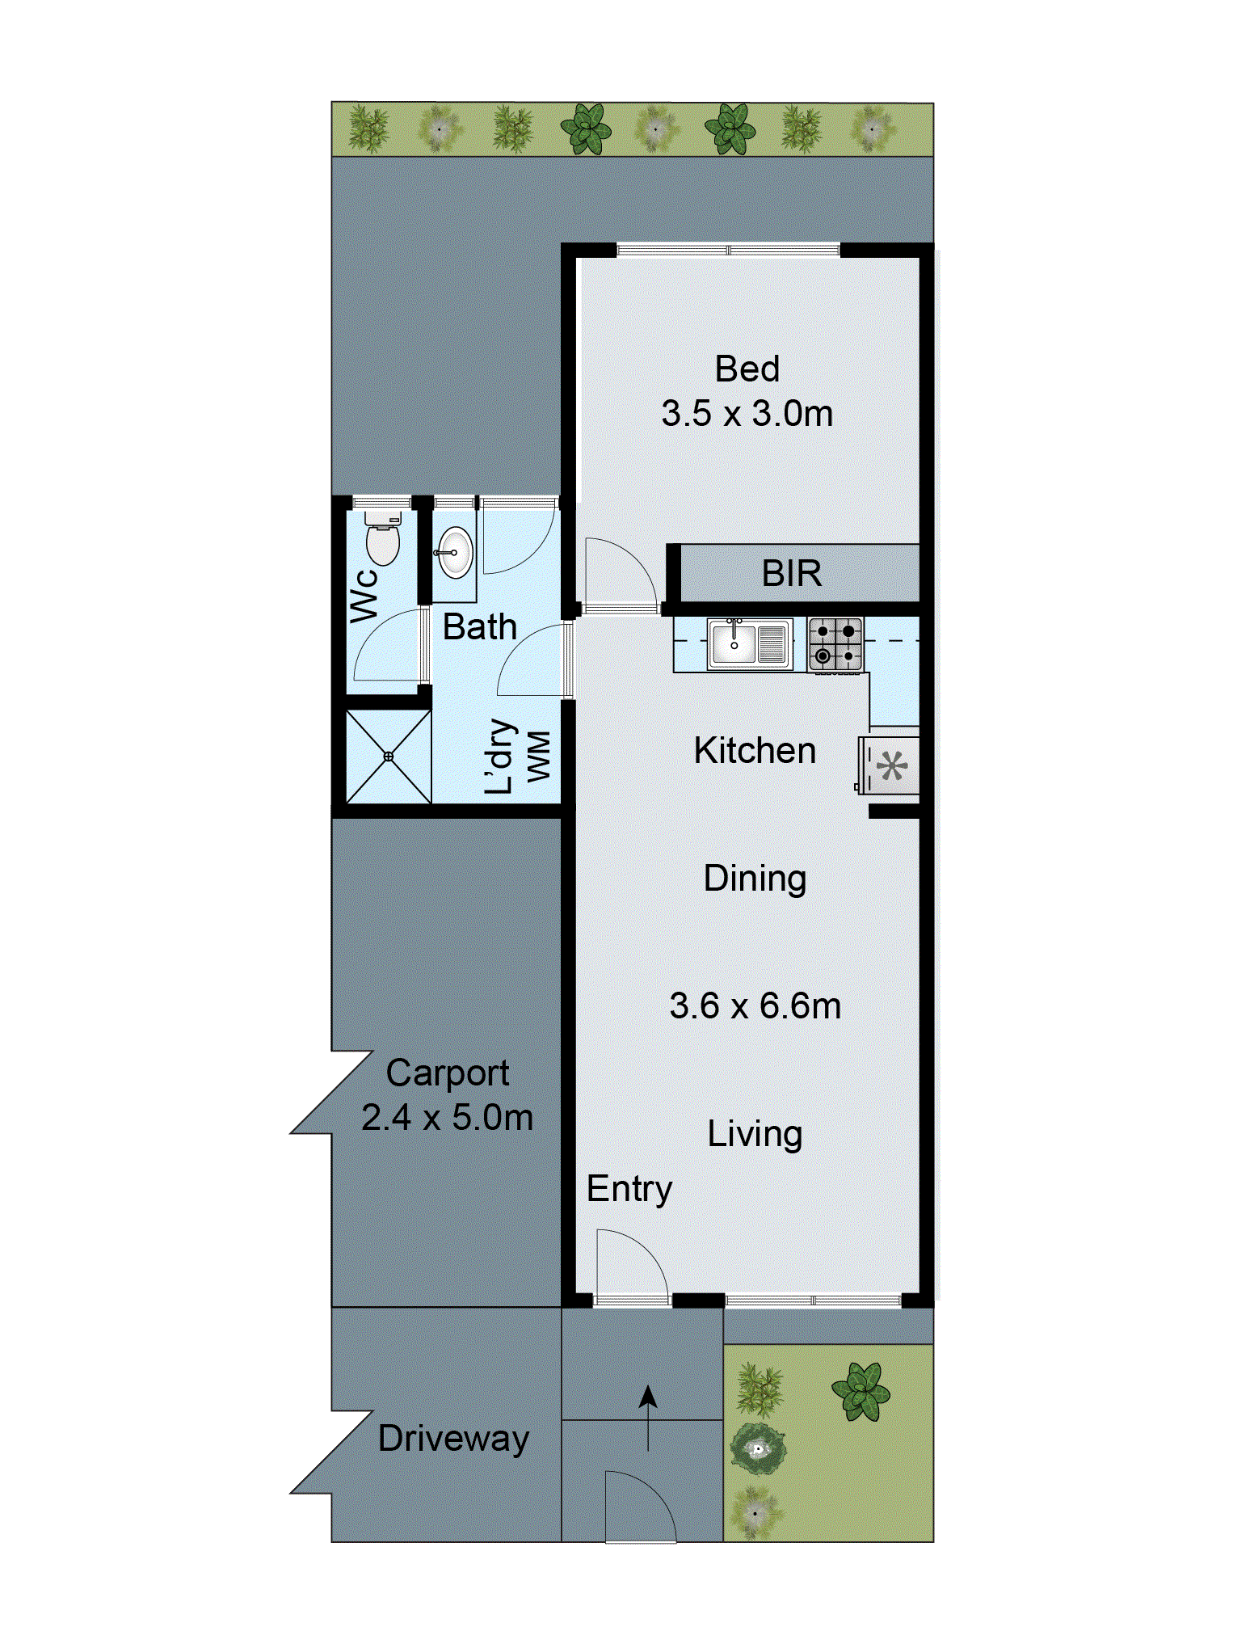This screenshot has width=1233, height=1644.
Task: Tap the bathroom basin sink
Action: tap(455, 553)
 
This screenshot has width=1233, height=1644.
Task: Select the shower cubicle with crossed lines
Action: tap(388, 757)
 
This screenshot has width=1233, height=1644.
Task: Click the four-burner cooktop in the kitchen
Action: tap(835, 644)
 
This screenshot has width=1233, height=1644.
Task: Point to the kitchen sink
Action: tap(748, 644)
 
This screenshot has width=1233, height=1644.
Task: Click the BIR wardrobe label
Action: tap(791, 574)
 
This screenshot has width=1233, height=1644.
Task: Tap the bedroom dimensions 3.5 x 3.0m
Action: tap(747, 414)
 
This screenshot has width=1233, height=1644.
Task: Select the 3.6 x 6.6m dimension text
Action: tap(755, 1006)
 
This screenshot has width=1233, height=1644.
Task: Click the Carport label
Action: tap(447, 1073)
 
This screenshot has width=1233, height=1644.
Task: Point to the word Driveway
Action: tap(453, 1439)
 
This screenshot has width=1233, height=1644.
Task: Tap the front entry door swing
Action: tap(630, 1265)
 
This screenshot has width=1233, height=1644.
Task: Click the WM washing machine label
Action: tap(539, 757)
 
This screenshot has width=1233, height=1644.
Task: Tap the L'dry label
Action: tap(500, 757)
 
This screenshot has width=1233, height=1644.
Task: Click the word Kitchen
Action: tap(755, 751)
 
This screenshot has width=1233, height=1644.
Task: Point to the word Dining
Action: tap(755, 879)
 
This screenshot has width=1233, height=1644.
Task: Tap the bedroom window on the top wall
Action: tap(728, 250)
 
